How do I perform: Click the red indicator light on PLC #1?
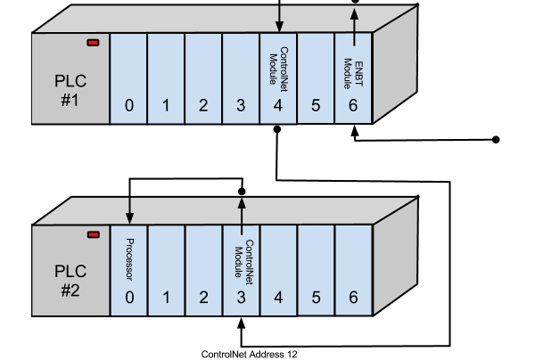pos(93,43)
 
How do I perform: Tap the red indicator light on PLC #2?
pos(93,234)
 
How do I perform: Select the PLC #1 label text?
pos(70,91)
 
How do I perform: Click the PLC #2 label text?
pos(70,279)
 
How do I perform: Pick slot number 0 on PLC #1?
pos(129,106)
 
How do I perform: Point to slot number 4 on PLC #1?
pos(278,106)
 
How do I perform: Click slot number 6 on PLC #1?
pos(353,106)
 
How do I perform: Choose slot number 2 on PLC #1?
pos(203,106)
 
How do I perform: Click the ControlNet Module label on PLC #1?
pos(277,66)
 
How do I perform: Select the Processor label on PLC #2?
pos(129,259)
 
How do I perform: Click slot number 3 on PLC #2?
pos(241,298)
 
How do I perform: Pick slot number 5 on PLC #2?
pos(316,298)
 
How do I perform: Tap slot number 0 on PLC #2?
pos(129,298)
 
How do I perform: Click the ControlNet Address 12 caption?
pos(250,354)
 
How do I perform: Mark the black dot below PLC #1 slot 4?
pos(277,129)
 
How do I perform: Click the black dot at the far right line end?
pos(497,139)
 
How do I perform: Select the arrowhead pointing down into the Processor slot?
pos(129,218)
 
